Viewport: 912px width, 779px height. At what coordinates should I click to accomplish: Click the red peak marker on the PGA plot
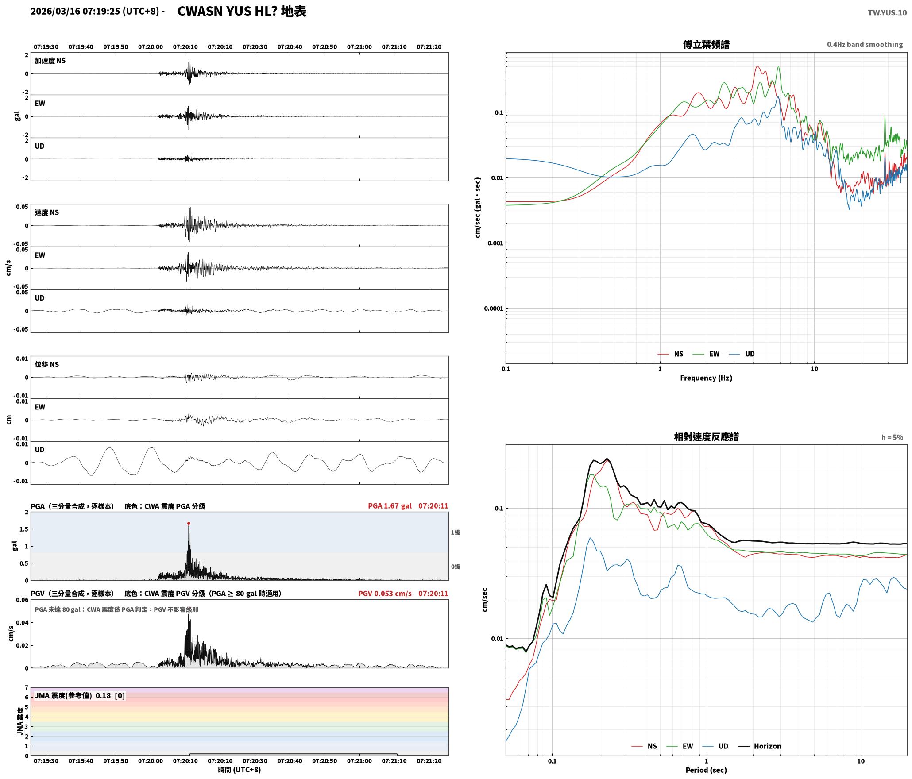click(189, 523)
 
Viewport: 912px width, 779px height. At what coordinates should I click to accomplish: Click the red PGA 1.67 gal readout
click(390, 506)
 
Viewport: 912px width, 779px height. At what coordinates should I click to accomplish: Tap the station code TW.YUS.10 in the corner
click(887, 13)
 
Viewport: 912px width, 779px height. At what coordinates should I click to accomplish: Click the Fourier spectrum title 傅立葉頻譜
click(706, 45)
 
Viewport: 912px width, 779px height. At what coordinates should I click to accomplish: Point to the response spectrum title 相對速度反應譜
click(706, 437)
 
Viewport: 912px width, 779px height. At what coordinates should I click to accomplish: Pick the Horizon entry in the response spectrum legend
click(759, 746)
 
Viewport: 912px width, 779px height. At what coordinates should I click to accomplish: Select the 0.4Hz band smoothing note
click(865, 45)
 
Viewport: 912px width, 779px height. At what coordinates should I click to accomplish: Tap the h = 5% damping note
click(892, 437)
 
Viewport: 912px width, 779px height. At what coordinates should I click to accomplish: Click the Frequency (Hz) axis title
click(706, 378)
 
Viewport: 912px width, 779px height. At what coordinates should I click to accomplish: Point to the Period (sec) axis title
click(706, 770)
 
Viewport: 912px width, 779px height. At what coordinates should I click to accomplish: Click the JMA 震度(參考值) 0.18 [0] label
click(80, 695)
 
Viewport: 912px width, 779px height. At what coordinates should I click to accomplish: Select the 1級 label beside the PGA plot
click(456, 532)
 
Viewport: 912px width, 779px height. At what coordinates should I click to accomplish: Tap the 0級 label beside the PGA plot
click(456, 567)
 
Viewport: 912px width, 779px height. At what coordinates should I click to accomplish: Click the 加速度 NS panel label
click(50, 61)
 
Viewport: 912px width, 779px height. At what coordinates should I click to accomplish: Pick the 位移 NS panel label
click(47, 364)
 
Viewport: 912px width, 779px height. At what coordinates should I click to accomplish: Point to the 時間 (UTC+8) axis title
click(240, 770)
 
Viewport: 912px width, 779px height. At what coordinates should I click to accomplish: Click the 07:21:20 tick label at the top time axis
click(429, 47)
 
